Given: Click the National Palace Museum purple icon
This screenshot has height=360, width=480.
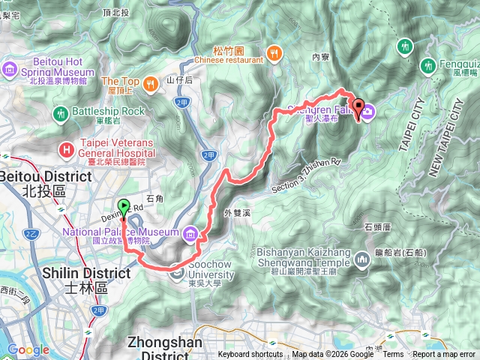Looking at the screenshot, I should point(192,234).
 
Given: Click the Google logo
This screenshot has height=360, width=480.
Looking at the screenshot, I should point(28,349).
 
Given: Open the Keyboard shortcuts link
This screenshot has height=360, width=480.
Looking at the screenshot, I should point(250,355).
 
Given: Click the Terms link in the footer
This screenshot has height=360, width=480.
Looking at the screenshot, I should point(393,355).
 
